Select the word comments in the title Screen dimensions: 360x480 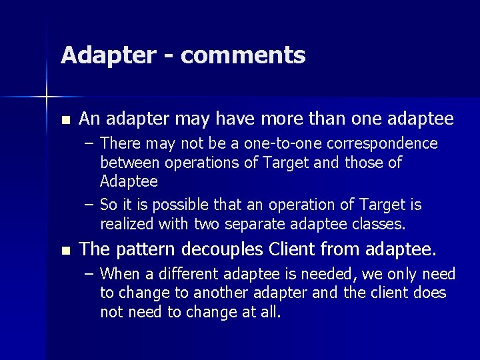tap(243, 56)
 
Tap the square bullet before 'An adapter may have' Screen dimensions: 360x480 tap(64, 121)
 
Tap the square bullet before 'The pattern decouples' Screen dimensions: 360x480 tap(64, 251)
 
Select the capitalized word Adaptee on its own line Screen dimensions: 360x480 tap(129, 181)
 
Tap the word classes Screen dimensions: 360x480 tap(381, 223)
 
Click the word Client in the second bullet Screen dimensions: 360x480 tap(294, 250)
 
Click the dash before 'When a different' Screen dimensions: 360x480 tap(89, 274)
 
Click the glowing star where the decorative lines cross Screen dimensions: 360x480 tap(46, 97)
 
